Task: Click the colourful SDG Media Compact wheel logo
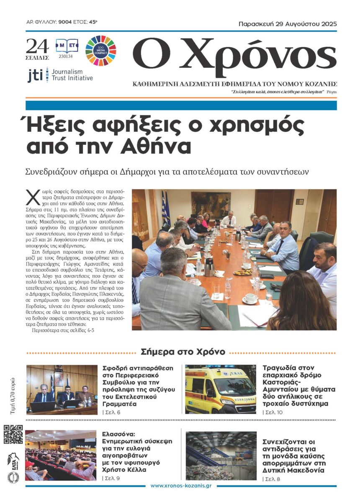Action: (x=100, y=51)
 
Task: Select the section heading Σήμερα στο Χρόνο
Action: (x=183, y=352)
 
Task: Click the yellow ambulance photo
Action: (x=221, y=389)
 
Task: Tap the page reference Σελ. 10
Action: (x=273, y=413)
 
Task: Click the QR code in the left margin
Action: (x=13, y=434)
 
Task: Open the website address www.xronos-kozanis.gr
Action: (x=180, y=486)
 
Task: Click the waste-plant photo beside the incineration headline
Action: (x=221, y=456)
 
